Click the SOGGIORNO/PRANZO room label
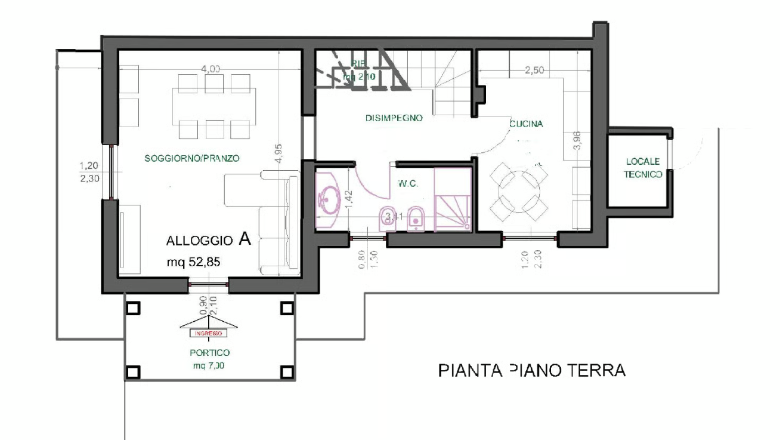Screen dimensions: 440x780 click(x=191, y=159)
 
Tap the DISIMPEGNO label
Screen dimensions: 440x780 click(x=394, y=119)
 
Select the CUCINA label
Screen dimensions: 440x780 click(x=526, y=124)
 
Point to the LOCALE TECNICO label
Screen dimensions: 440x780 click(x=642, y=168)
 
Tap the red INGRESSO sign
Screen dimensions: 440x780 click(x=205, y=333)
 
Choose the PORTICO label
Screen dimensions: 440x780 click(x=206, y=353)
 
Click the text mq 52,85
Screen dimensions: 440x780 click(x=193, y=263)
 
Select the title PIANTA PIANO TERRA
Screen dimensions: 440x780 click(x=531, y=371)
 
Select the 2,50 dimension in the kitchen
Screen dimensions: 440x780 click(x=534, y=70)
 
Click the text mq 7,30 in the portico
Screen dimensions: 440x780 click(x=206, y=365)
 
